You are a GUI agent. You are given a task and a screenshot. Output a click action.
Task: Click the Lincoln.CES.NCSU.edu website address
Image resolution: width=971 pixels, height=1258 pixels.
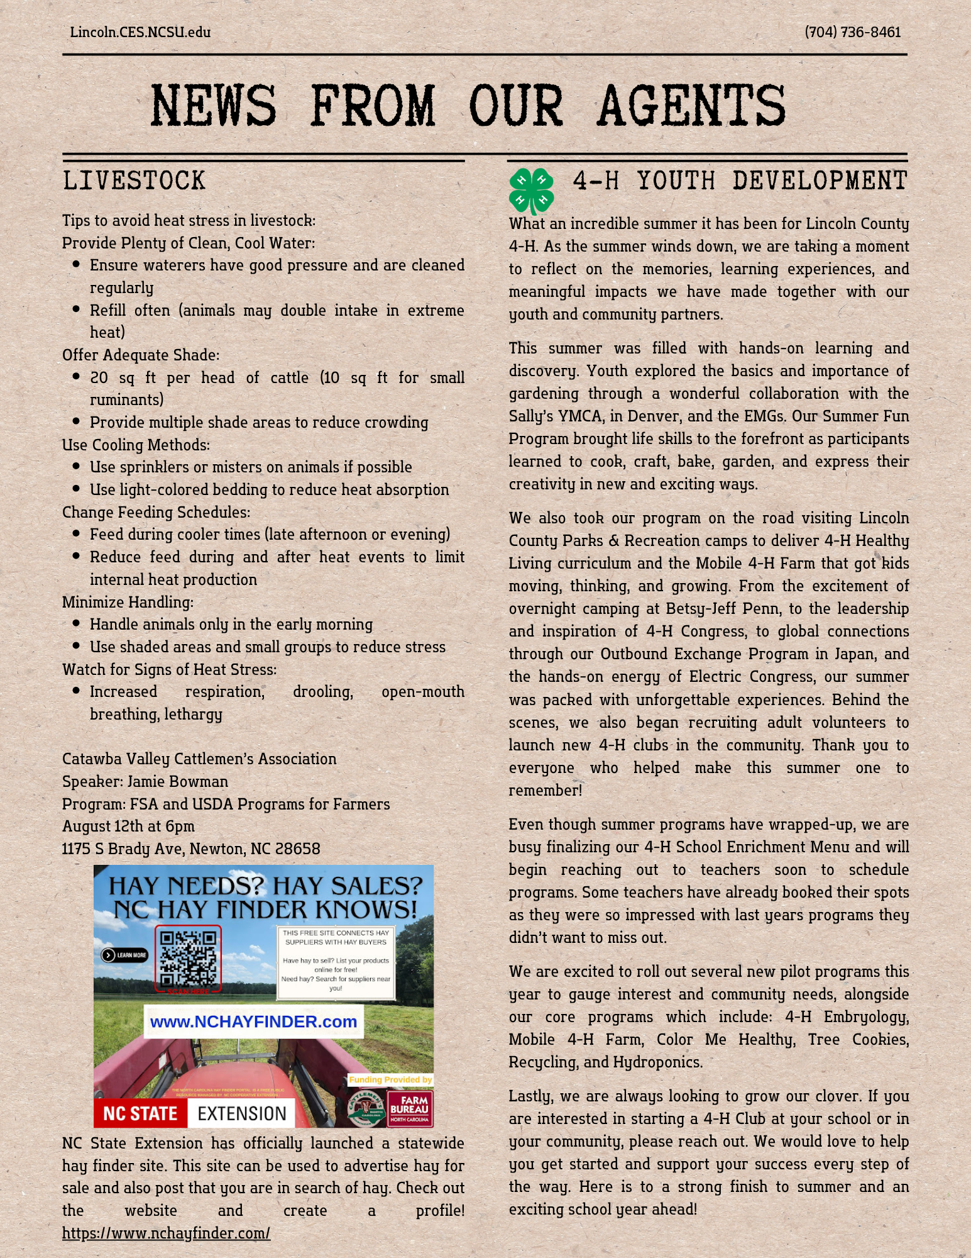pyautogui.click(x=140, y=32)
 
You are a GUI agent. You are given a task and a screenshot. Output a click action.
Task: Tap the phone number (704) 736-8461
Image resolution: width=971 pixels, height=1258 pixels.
pyautogui.click(x=852, y=32)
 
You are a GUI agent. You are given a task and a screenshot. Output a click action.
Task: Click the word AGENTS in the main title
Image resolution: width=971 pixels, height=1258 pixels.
pyautogui.click(x=691, y=106)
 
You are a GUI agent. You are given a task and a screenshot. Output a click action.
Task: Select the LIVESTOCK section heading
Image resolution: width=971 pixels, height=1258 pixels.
pyautogui.click(x=134, y=181)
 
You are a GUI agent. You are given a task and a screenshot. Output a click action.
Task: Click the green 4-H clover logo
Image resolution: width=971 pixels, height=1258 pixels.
pyautogui.click(x=532, y=190)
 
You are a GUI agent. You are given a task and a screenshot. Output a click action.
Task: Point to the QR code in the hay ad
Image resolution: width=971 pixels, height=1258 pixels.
pyautogui.click(x=188, y=958)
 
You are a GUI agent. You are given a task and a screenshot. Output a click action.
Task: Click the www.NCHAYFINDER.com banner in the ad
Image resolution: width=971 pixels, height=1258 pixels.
pyautogui.click(x=253, y=1021)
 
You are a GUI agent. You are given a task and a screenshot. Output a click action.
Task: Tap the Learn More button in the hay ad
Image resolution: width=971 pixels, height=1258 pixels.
pyautogui.click(x=125, y=955)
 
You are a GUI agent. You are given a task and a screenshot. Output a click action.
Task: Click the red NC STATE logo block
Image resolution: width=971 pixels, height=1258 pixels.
pyautogui.click(x=140, y=1113)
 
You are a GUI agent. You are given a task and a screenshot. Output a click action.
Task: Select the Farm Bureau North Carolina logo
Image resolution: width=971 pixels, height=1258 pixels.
pyautogui.click(x=410, y=1108)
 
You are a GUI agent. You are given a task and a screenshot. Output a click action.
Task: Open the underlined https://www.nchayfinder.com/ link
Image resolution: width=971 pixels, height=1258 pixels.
pyautogui.click(x=166, y=1233)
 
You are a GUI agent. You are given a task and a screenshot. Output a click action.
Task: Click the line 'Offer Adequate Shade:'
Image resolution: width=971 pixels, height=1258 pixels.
pyautogui.click(x=141, y=355)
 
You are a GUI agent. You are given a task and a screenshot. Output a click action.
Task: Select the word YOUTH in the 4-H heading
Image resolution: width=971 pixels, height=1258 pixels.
pyautogui.click(x=676, y=181)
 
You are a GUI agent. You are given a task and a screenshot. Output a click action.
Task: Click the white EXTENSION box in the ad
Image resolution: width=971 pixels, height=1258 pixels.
pyautogui.click(x=241, y=1113)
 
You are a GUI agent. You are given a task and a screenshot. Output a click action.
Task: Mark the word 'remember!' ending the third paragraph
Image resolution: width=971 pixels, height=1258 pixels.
pyautogui.click(x=545, y=790)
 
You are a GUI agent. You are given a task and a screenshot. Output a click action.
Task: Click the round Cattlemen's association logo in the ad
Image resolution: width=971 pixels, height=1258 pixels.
pyautogui.click(x=366, y=1108)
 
